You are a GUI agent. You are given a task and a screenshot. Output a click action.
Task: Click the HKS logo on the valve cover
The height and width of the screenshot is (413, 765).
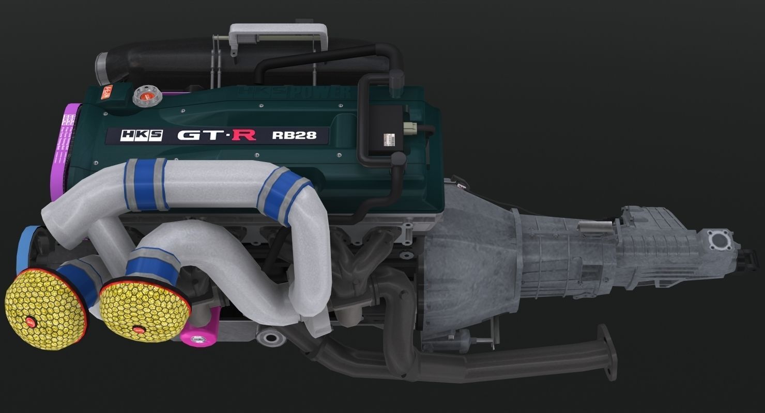coord(134,136)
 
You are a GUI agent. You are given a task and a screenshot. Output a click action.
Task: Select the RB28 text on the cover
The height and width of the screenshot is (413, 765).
coord(294,136)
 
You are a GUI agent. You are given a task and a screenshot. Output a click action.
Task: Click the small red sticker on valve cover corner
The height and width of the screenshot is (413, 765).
coord(109,93)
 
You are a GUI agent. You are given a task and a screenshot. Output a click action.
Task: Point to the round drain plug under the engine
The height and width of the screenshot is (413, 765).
coord(270,339)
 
